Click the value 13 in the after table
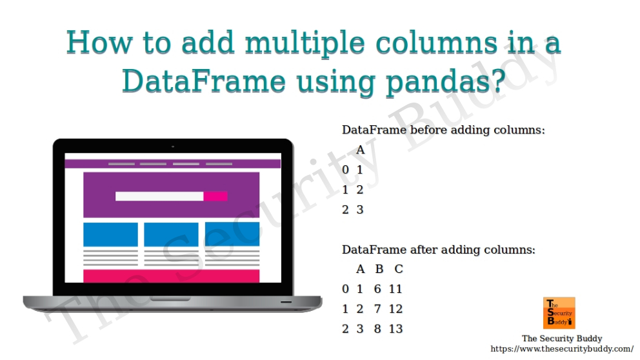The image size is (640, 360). pyautogui.click(x=395, y=329)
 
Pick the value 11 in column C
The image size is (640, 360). pyautogui.click(x=395, y=289)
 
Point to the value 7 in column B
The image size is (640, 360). pyautogui.click(x=377, y=309)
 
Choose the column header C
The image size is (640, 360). pyautogui.click(x=399, y=269)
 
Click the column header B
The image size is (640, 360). pyautogui.click(x=379, y=269)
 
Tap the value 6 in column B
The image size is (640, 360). pyautogui.click(x=377, y=289)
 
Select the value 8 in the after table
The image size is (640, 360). pyautogui.click(x=377, y=329)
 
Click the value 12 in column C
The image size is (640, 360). pyautogui.click(x=395, y=309)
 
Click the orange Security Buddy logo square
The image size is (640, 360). pyautogui.click(x=559, y=313)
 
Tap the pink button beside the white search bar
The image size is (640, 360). pyautogui.click(x=215, y=196)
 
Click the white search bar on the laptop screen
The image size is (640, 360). pyautogui.click(x=159, y=196)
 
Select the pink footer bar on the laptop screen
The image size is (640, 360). pyautogui.click(x=171, y=276)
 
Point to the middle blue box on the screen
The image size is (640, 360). pyautogui.click(x=171, y=234)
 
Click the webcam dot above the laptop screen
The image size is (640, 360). pyautogui.click(x=172, y=147)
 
